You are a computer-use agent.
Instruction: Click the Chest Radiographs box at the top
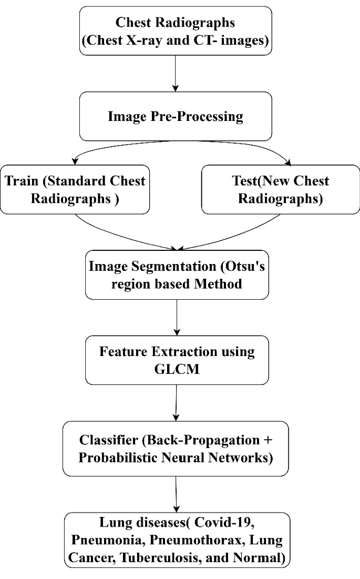pyautogui.click(x=177, y=32)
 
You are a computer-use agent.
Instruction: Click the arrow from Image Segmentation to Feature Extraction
pyautogui.click(x=177, y=318)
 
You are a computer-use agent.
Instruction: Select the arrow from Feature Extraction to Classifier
pyautogui.click(x=177, y=402)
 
